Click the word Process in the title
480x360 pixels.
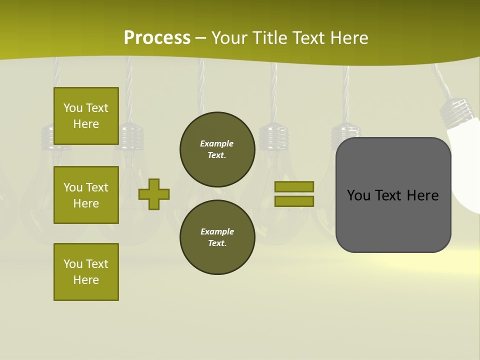(157, 38)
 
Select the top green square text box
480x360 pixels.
(86, 116)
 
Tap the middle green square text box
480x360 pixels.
(86, 195)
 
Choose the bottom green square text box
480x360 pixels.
(86, 271)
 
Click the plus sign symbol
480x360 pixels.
(154, 194)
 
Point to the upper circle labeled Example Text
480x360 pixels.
(217, 149)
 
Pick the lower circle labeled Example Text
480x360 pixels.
(217, 237)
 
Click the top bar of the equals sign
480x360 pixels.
(294, 187)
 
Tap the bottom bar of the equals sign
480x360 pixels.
(294, 201)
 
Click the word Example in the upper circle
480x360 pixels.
(216, 143)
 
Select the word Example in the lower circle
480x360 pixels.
(217, 231)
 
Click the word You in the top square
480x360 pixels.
(73, 108)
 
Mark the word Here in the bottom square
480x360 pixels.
(86, 280)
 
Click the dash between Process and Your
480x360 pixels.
(201, 38)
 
